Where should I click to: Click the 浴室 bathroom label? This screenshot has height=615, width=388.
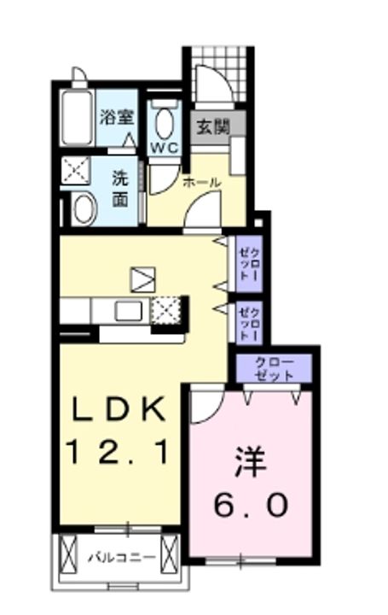click(116, 116)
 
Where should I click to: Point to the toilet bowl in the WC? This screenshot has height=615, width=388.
click(165, 122)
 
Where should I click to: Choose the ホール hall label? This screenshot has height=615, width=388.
click(203, 182)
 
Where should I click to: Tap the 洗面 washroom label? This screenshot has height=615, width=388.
click(120, 190)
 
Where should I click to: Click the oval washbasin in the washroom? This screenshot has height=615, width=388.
click(84, 205)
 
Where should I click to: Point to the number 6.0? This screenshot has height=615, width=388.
click(251, 506)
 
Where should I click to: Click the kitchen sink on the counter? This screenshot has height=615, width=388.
click(129, 310)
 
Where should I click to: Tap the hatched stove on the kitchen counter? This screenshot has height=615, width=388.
click(165, 309)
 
